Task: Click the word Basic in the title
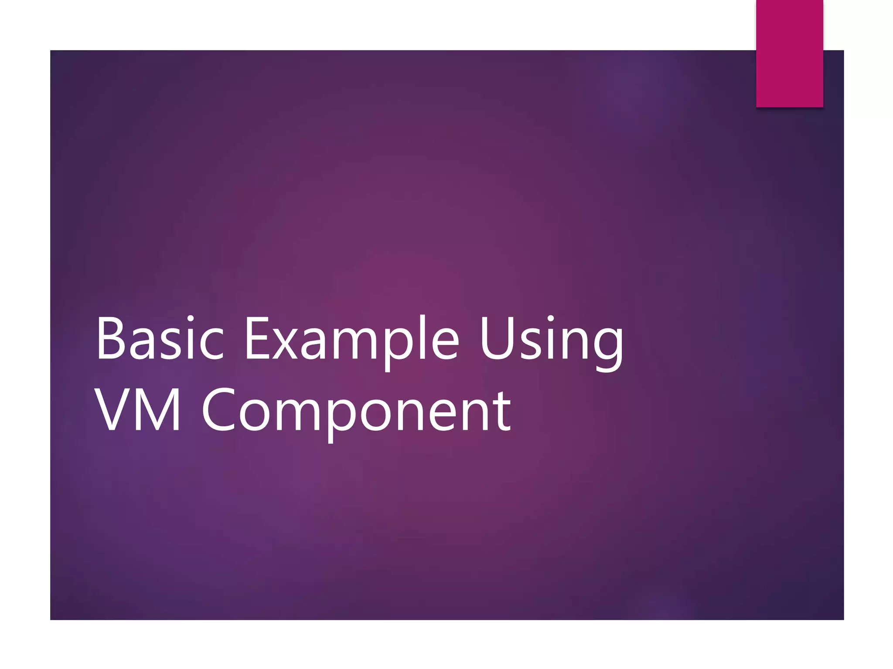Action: click(x=160, y=338)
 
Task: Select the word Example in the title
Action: click(x=351, y=338)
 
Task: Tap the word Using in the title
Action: click(x=551, y=338)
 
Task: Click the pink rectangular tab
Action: click(x=789, y=53)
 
